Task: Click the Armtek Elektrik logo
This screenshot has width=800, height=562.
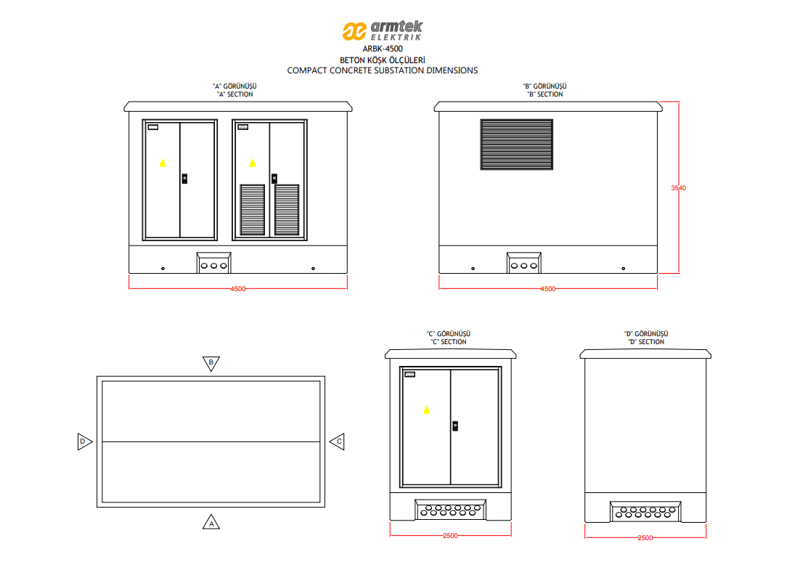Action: pos(382,30)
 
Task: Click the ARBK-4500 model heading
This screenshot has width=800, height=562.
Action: pos(382,49)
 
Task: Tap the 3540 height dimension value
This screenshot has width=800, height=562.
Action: pos(678,188)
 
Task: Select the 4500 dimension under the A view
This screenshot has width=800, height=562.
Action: pos(238,289)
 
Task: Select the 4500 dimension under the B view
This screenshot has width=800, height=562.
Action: pos(548,289)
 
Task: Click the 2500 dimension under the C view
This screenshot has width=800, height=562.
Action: pos(450,536)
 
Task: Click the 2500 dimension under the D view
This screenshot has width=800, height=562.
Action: pos(645,538)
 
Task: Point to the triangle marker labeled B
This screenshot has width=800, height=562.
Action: pos(211,363)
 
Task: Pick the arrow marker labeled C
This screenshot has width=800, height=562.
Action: pos(337,441)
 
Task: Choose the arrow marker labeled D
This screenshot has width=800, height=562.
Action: pos(85,441)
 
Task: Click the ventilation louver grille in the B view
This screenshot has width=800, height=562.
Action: pos(517,144)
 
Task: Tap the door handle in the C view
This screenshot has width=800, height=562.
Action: pos(455,425)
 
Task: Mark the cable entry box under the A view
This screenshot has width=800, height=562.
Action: pos(213,263)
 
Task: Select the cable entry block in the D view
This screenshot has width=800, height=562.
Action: pos(645,511)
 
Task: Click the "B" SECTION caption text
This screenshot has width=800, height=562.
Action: pos(545,94)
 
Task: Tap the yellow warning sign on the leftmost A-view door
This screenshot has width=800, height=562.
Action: pos(162,163)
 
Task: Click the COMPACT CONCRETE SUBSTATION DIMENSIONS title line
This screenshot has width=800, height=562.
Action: pos(382,70)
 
